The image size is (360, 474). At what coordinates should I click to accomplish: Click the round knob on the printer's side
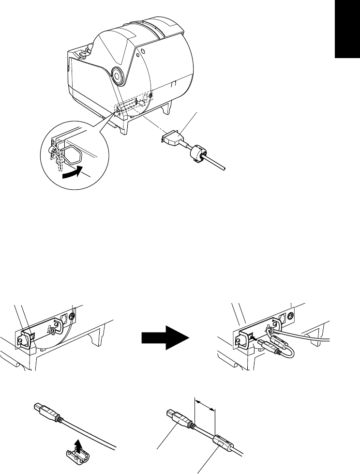(117, 75)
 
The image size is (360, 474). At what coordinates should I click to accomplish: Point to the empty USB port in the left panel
(28, 335)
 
